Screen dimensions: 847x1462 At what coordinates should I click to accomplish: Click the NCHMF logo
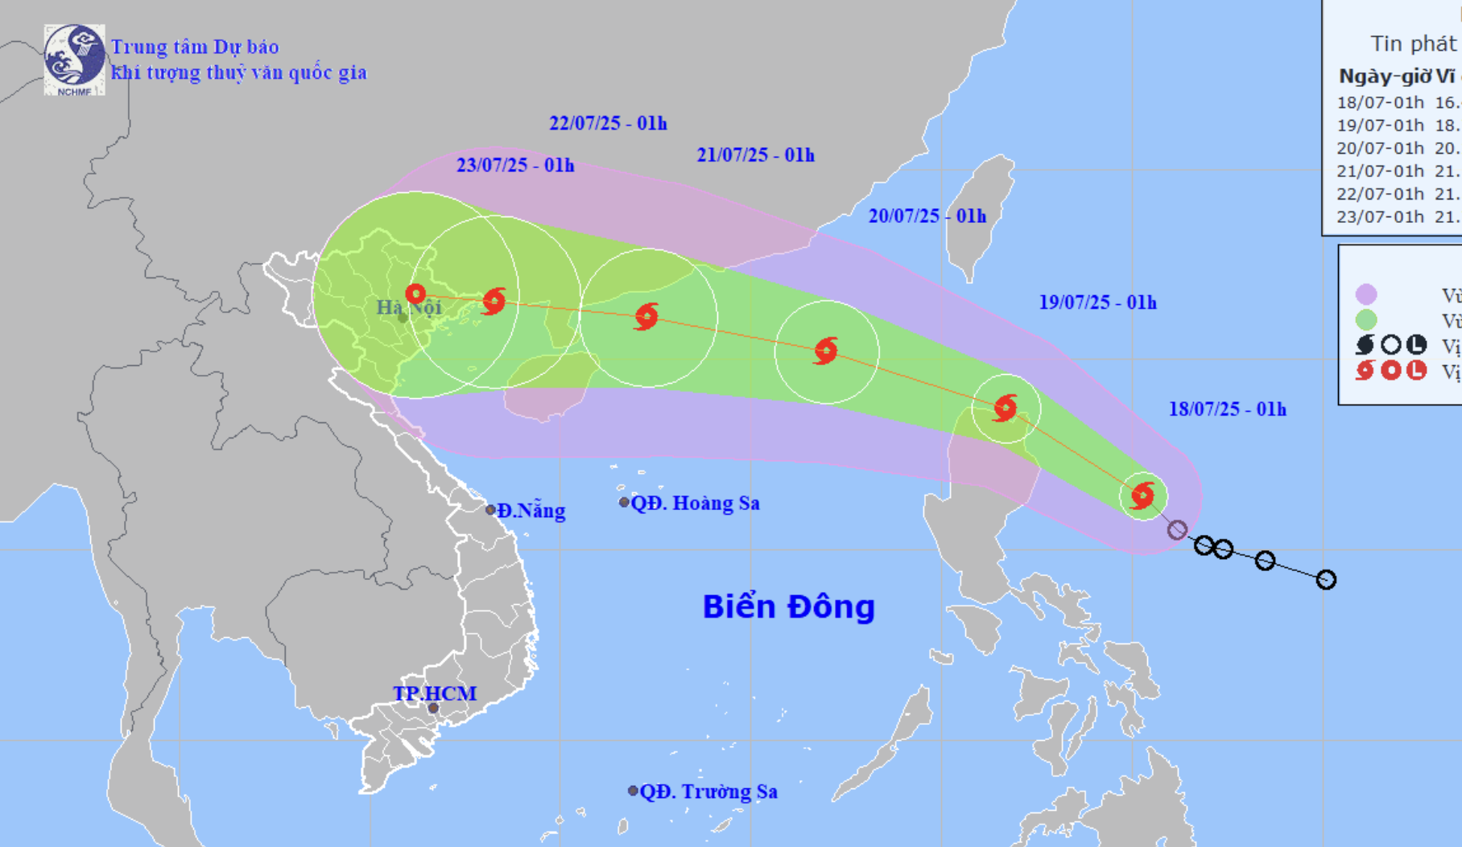(x=74, y=60)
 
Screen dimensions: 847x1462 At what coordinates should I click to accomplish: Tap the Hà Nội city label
(x=409, y=307)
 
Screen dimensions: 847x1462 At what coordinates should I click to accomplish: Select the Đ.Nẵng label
(x=531, y=511)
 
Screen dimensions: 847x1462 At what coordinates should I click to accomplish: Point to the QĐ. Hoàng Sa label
(x=695, y=504)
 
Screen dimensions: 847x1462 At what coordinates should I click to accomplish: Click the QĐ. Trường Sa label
(x=708, y=792)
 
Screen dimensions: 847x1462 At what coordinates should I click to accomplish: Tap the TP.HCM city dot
(x=433, y=708)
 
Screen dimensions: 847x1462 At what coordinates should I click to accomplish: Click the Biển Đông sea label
(x=788, y=606)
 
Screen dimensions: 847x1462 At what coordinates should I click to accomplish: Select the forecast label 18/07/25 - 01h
(x=1227, y=409)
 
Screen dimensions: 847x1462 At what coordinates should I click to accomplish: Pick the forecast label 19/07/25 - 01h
(x=1097, y=302)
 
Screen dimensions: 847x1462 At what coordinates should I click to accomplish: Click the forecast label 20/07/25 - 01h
(x=927, y=216)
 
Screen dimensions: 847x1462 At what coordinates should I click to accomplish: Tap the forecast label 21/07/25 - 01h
(x=755, y=155)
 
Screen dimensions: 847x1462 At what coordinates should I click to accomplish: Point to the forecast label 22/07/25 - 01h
(x=608, y=123)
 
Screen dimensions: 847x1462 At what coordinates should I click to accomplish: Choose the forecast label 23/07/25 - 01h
(x=515, y=166)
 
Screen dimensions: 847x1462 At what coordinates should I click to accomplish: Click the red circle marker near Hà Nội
(x=415, y=294)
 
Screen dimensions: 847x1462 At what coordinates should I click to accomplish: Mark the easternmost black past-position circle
(x=1326, y=579)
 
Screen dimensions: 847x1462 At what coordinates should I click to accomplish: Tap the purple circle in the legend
(x=1365, y=294)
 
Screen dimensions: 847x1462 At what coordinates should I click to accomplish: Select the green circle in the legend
(x=1365, y=320)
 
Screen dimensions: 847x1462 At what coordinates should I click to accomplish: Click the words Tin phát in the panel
(x=1414, y=43)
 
